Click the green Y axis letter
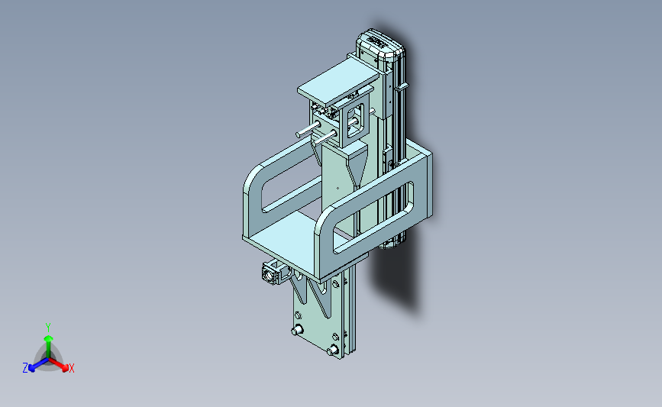tap(48, 328)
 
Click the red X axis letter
tap(71, 368)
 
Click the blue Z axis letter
tap(25, 368)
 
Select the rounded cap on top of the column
tap(380, 46)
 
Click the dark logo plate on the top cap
tap(377, 41)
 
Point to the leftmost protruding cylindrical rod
tap(308, 129)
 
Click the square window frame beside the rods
tap(355, 121)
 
